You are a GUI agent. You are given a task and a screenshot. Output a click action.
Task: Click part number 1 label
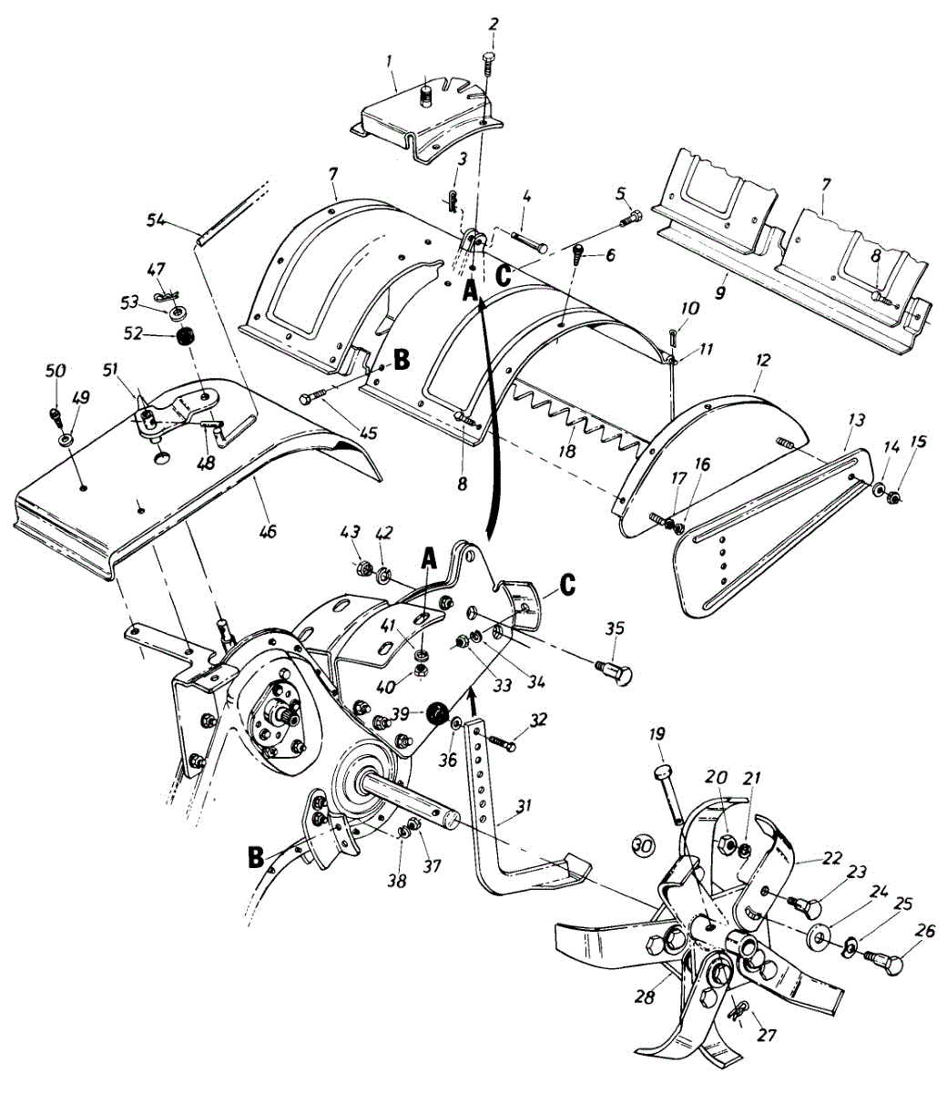pyautogui.click(x=389, y=61)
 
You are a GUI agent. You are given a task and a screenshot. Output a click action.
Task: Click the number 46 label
pyautogui.click(x=268, y=530)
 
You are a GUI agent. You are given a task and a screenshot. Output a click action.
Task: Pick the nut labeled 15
pyautogui.click(x=895, y=497)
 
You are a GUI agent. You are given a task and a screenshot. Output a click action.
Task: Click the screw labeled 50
pyautogui.click(x=56, y=417)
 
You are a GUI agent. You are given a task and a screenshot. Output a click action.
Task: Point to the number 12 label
pyautogui.click(x=762, y=361)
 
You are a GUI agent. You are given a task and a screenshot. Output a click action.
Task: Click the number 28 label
pyautogui.click(x=645, y=997)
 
